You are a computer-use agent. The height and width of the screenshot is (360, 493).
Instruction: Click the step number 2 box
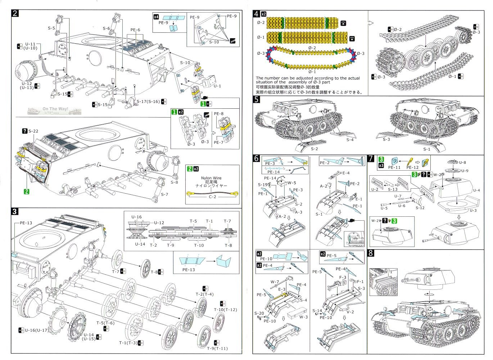pos(15,14)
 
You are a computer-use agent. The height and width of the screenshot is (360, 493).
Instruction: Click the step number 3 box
pos(15,211)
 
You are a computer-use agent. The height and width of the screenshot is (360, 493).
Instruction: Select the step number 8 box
pos(371,253)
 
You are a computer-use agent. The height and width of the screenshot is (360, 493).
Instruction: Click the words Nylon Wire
pos(212,178)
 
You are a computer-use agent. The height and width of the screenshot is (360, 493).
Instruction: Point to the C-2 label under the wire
pos(212,197)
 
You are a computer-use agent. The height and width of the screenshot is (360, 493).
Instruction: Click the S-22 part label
pos(33,131)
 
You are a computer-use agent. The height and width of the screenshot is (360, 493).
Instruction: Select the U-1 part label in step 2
pos(217,86)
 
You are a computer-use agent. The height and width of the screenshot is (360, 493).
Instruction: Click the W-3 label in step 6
pos(303,317)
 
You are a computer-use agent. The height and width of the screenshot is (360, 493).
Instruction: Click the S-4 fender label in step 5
pos(349,140)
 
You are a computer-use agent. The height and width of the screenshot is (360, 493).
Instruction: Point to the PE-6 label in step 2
pos(135,30)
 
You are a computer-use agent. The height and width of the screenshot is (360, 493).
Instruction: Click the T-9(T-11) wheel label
pos(217,348)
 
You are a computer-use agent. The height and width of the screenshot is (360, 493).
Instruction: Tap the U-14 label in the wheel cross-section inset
pos(140,244)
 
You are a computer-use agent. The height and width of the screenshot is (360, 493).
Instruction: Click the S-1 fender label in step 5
pos(426,149)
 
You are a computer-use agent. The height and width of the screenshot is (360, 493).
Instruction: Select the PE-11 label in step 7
pos(394,167)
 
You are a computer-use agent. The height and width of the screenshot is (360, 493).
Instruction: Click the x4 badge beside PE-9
pos(156,17)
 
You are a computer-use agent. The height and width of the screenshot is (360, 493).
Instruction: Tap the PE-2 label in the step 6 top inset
pos(324,163)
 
